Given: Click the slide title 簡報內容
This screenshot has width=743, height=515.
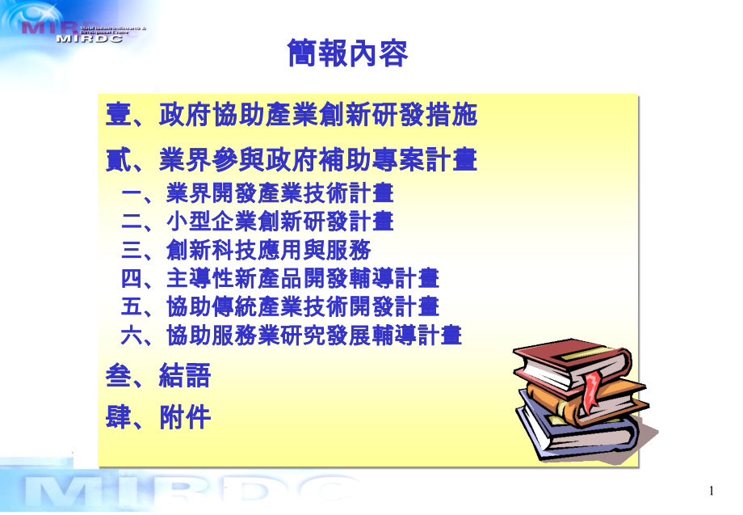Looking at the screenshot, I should tap(348, 54).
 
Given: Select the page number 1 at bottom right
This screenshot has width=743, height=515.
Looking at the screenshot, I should tap(711, 491).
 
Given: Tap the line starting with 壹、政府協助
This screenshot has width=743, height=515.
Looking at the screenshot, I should tap(292, 116).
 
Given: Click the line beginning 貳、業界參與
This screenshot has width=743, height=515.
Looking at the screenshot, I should tap(292, 160).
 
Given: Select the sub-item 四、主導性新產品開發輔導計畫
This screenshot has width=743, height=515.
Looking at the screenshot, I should tap(279, 279).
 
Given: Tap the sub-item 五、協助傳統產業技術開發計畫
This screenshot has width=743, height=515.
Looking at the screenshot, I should tap(279, 307).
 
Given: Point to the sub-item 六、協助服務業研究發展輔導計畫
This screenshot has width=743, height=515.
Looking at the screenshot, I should tap(291, 336).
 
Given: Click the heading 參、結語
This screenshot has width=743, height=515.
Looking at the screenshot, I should tap(158, 376).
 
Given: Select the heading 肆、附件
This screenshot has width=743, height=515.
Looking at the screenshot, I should tap(158, 418).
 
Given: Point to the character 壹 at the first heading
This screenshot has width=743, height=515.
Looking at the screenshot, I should tap(119, 116).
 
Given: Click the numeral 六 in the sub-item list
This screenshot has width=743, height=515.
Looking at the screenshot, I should tap(131, 336).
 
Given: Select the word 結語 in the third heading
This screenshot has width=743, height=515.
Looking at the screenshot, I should tap(185, 376).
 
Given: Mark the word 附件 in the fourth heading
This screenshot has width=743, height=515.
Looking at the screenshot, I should tap(185, 418).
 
